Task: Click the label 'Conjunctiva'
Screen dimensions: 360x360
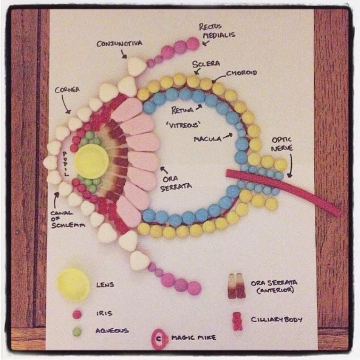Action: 119,43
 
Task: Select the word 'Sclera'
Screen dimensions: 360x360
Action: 206,63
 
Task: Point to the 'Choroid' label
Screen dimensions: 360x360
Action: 241,73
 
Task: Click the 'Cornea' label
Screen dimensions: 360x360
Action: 67,90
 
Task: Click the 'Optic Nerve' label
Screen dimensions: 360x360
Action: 282,144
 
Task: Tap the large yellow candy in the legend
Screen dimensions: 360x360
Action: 73,284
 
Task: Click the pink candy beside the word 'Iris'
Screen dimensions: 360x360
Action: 77,313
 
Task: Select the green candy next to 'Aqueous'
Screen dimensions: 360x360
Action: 77,332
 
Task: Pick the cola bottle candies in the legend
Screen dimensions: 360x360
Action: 237,286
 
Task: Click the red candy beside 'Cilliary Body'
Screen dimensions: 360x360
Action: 237,320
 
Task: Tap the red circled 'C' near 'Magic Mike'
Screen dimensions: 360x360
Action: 159,338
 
